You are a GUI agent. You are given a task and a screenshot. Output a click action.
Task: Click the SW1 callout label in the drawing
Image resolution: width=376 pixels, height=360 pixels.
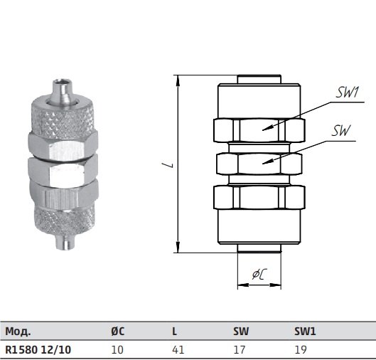tap(348, 92)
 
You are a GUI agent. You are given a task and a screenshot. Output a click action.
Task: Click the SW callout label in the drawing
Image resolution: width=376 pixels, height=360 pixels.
tap(341, 131)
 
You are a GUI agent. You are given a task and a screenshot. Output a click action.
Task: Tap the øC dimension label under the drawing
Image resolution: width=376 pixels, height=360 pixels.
tap(259, 274)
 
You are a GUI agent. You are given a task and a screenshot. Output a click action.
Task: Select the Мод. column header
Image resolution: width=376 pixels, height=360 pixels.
tap(18, 332)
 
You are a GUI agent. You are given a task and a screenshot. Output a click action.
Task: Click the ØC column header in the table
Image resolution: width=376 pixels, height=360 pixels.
tap(118, 332)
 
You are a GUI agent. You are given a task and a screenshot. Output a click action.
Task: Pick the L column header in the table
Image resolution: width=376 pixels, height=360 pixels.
tap(174, 332)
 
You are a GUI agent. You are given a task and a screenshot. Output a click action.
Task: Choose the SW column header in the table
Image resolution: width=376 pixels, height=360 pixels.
tap(241, 332)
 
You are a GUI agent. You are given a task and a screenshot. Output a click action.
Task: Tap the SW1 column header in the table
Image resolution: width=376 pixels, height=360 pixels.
tap(305, 332)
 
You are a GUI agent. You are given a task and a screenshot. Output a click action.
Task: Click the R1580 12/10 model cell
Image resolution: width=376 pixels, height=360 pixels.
tap(38, 349)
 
